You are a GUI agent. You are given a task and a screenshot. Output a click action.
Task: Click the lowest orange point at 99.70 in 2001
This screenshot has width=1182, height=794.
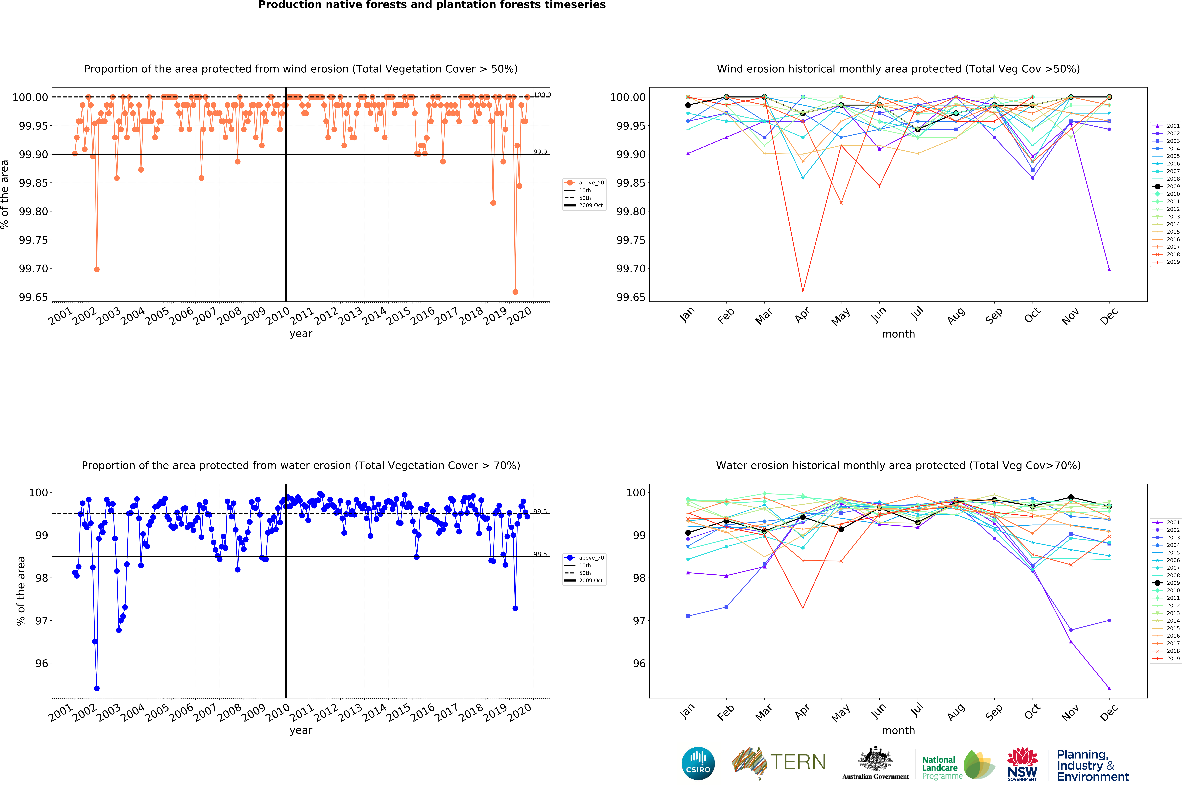(x=97, y=269)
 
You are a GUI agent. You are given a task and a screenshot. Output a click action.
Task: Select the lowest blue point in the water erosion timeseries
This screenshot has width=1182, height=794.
(x=97, y=688)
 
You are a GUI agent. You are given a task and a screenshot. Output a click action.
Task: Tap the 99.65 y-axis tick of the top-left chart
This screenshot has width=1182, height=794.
(x=34, y=297)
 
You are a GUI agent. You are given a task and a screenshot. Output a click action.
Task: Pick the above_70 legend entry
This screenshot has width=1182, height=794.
(x=591, y=558)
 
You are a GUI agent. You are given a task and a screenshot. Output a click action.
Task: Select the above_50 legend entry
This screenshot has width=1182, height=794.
(x=591, y=183)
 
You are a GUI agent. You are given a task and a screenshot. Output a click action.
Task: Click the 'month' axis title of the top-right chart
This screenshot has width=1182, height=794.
(x=898, y=334)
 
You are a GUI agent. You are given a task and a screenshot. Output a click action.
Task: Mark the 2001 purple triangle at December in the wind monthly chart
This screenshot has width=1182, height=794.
(x=1109, y=269)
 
